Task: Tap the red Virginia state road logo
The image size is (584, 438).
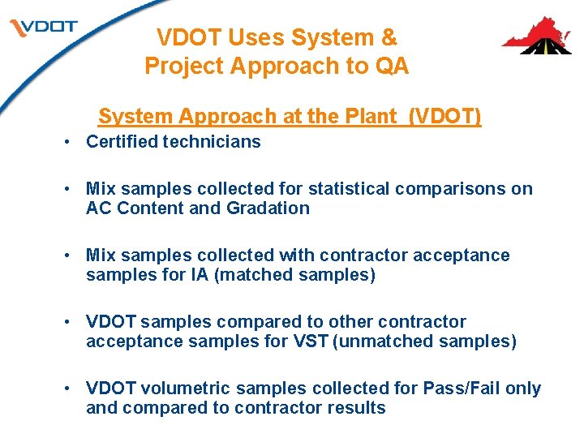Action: (x=536, y=36)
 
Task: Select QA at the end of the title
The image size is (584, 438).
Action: (x=392, y=66)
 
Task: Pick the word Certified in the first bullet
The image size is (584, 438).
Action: (x=122, y=142)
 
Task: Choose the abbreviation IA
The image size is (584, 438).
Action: (x=200, y=275)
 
